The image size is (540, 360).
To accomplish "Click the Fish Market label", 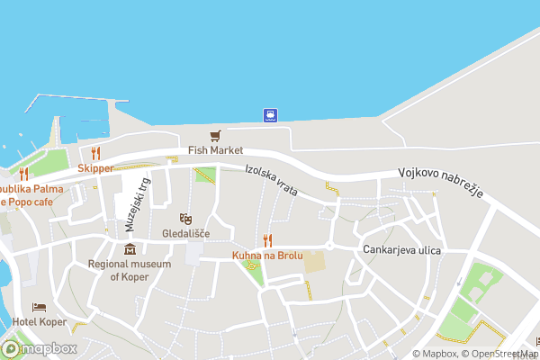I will [216, 151].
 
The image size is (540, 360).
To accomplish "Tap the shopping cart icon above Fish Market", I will [215, 136].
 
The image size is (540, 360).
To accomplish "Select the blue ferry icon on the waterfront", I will [269, 114].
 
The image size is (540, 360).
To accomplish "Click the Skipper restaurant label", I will [95, 168].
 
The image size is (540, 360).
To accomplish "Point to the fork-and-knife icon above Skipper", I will [95, 153].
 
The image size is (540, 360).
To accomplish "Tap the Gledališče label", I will [185, 233].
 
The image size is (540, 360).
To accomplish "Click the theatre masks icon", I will [185, 218].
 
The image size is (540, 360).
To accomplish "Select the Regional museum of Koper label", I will [130, 270].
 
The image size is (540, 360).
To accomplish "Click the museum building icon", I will [130, 248].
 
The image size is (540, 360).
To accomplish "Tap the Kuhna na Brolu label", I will [267, 256].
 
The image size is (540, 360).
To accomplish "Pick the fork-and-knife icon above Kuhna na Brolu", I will [267, 240].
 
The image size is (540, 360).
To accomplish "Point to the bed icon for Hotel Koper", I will [39, 308].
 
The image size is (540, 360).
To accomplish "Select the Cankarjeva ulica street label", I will [402, 249].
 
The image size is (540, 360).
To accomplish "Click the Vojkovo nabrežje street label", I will [442, 184].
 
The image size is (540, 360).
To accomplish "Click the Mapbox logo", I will [40, 349].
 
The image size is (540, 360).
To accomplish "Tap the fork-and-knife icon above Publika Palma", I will [24, 174].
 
